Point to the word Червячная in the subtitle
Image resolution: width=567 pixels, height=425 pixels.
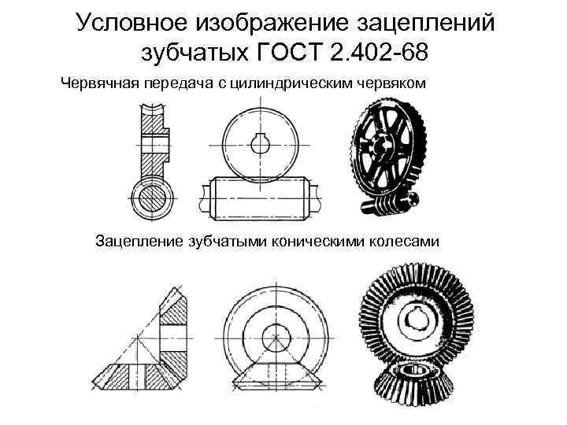[98, 83]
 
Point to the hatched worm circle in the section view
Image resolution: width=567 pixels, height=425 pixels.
[152, 197]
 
